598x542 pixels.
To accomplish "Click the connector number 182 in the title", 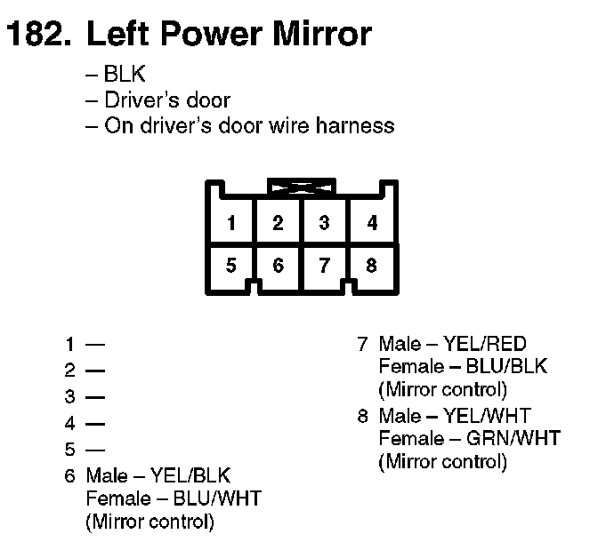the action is tap(37, 35).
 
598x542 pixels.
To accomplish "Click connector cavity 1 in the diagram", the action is tap(231, 222).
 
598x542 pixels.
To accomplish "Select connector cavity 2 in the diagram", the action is tap(279, 222).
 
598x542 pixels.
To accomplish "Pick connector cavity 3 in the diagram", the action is tap(325, 222).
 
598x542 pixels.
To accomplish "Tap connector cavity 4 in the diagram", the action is tap(372, 222).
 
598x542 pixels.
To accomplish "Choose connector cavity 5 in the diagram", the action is tap(231, 265).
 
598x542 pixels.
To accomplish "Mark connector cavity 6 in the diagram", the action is tap(279, 265).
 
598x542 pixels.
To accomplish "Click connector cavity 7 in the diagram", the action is tap(325, 265).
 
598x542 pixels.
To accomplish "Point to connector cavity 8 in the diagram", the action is tap(372, 265).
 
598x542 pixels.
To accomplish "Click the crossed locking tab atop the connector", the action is tap(301, 187).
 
